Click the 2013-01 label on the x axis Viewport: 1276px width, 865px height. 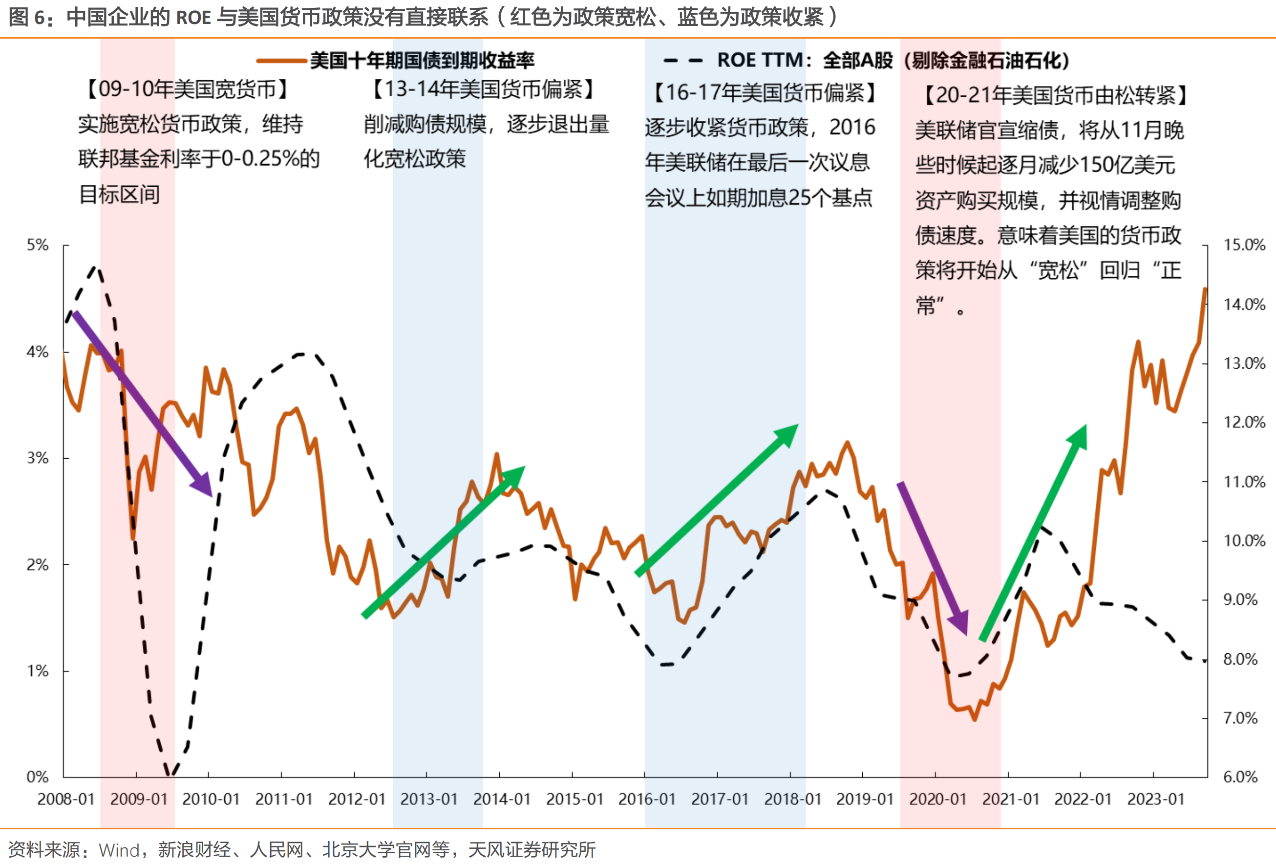[429, 798]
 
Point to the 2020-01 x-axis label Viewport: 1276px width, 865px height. [938, 798]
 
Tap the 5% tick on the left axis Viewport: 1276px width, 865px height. [37, 245]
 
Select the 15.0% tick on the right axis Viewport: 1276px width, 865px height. [1244, 245]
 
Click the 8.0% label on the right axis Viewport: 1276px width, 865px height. [1240, 659]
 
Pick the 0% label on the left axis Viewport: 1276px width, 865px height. [37, 777]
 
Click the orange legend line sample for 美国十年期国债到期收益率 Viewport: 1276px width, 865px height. [281, 61]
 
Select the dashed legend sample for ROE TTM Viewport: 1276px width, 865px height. [682, 61]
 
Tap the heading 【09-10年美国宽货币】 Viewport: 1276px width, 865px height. [187, 89]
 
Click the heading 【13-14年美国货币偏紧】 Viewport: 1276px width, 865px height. [483, 89]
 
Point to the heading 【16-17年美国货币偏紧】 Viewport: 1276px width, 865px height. [765, 93]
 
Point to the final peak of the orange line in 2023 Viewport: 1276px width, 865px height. [1205, 289]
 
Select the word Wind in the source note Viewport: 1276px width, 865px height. [119, 850]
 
